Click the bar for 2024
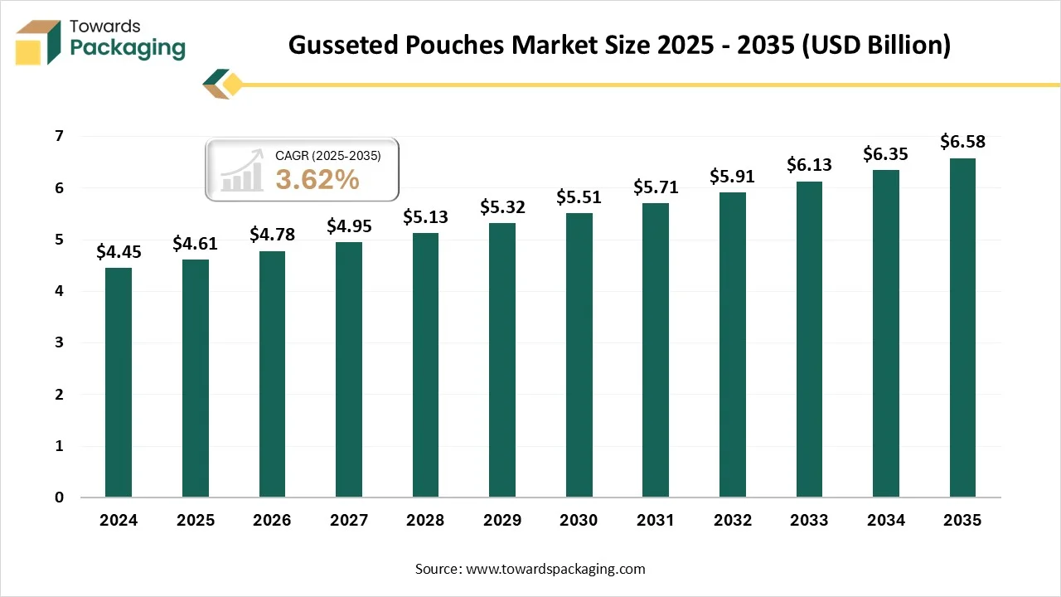[x=119, y=382]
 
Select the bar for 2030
[x=579, y=355]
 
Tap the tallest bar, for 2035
[x=962, y=328]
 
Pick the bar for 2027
[x=349, y=369]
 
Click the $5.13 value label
[x=425, y=216]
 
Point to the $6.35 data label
[x=885, y=153]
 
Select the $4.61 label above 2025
[x=196, y=243]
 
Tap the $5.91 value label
[x=732, y=176]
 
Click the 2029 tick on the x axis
[x=502, y=521]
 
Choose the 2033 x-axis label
[x=809, y=521]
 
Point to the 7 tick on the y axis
[x=60, y=136]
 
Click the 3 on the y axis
[x=60, y=342]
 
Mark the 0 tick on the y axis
[x=60, y=498]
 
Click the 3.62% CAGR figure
[x=317, y=179]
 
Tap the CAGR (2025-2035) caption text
[x=327, y=155]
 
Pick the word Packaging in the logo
[x=128, y=48]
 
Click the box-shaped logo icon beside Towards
[x=39, y=41]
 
